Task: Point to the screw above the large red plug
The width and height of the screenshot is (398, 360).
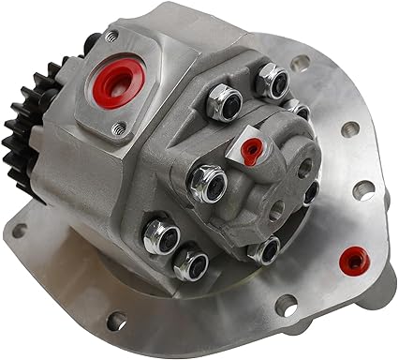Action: point(111,36)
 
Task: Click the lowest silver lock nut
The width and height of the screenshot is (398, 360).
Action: point(190,263)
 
